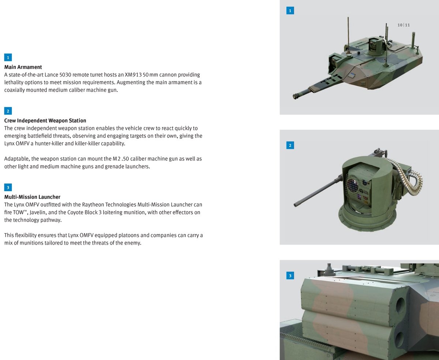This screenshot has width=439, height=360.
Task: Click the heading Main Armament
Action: coord(23,67)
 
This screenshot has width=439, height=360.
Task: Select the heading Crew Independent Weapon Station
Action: coord(45,120)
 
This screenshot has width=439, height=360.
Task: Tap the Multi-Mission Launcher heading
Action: coord(32,197)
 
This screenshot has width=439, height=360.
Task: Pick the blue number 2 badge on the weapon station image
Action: coord(290,145)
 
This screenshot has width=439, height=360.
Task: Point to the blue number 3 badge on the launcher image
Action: coord(290,276)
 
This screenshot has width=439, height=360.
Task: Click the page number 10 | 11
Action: coord(404,25)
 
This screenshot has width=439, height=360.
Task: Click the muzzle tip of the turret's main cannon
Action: coord(295,97)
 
